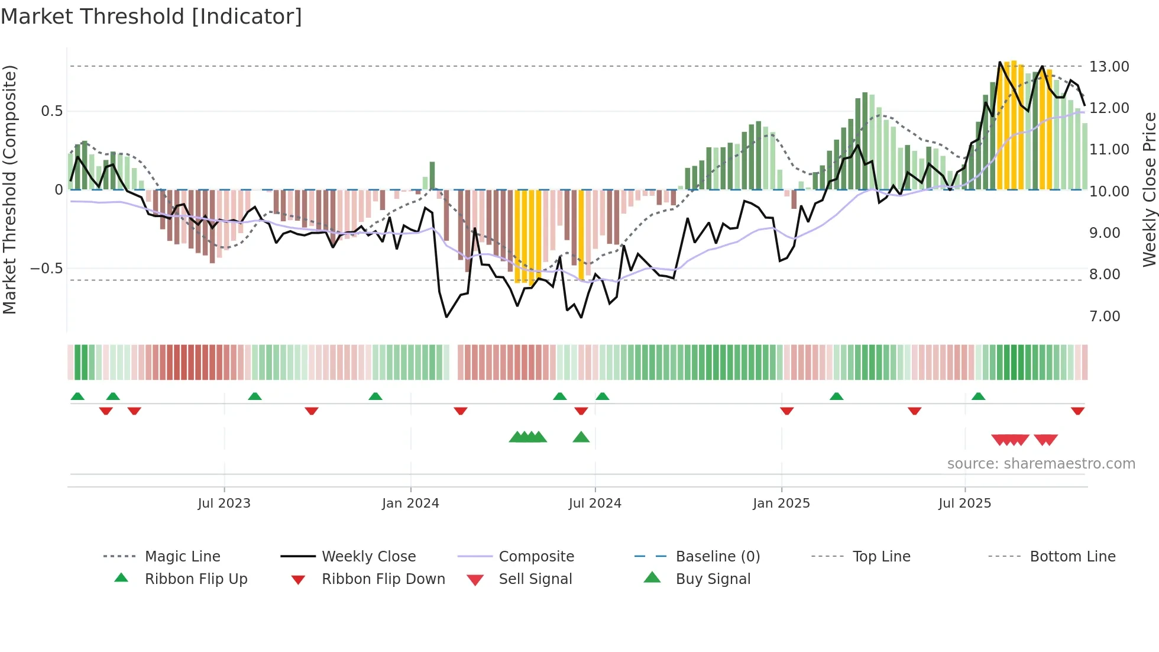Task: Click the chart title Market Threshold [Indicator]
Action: [151, 17]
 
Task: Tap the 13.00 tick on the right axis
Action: [1109, 67]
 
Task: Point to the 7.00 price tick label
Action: [1104, 317]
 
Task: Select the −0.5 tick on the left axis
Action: [46, 269]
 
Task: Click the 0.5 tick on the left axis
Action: [51, 111]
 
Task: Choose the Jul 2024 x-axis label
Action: [594, 503]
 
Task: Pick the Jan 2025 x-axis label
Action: [781, 503]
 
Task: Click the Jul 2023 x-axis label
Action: [224, 503]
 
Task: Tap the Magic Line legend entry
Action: [182, 557]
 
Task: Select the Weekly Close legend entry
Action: [368, 557]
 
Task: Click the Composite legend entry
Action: [536, 557]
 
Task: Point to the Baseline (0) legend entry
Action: [717, 557]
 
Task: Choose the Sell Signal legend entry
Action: [535, 579]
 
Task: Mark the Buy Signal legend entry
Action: [713, 579]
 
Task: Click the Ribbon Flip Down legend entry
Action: [383, 579]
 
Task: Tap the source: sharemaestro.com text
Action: [1041, 464]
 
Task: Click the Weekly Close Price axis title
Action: [1149, 189]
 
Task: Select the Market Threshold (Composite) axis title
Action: [9, 189]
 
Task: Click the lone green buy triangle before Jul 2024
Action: [581, 437]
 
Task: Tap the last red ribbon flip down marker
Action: [1077, 411]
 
